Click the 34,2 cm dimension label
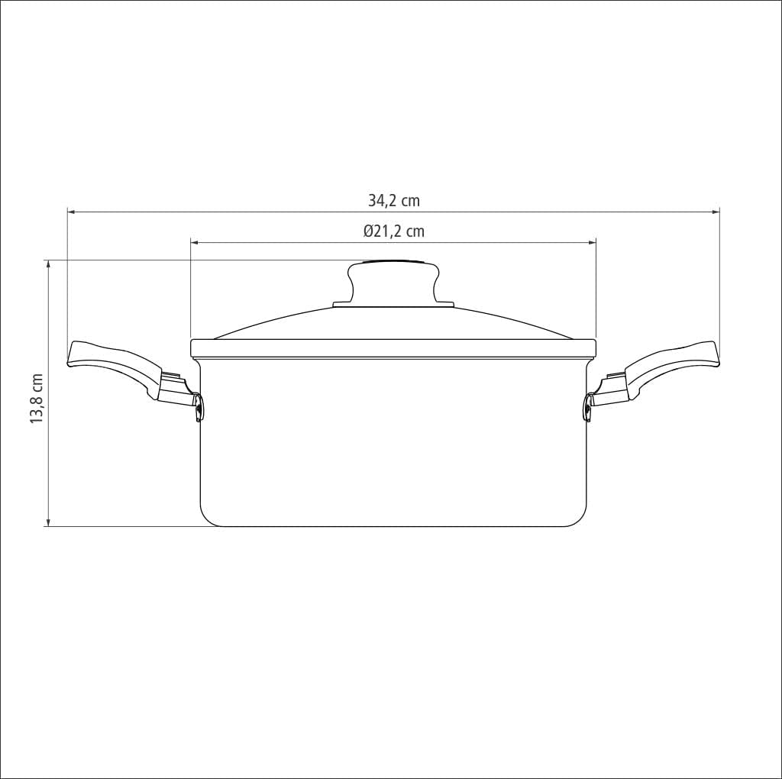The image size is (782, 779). click(394, 201)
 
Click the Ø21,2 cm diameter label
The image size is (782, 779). click(394, 231)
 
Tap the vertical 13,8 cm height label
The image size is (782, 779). click(36, 399)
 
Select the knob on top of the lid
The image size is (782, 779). click(394, 281)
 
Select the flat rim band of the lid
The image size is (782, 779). click(393, 347)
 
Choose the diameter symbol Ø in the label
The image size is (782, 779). click(368, 231)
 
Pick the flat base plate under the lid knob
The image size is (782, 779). click(394, 305)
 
